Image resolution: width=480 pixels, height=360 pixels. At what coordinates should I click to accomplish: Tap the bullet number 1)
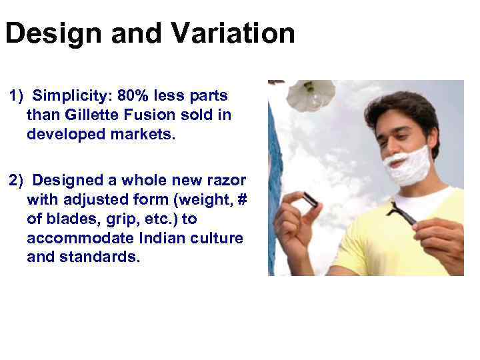17,95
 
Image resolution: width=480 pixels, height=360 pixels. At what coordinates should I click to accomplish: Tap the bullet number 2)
17,180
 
